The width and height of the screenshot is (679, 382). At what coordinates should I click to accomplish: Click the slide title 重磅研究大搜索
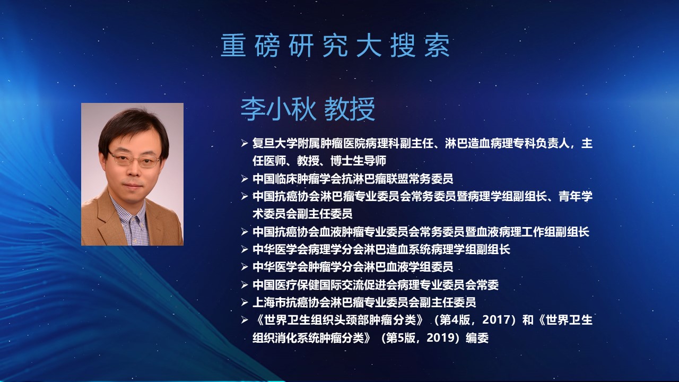335,46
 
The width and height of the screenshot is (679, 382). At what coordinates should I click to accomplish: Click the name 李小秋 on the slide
278,109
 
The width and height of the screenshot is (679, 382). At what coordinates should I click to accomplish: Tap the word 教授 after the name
350,109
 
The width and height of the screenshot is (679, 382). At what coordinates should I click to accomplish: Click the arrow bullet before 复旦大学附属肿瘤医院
245,143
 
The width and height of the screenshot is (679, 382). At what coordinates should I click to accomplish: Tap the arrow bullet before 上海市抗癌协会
245,302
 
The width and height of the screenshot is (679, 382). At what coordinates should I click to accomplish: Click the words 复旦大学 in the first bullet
275,143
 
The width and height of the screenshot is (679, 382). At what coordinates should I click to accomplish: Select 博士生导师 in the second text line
358,161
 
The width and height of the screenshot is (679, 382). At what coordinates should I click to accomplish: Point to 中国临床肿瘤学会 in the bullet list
297,179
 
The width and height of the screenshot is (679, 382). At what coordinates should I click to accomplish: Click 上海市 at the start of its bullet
269,302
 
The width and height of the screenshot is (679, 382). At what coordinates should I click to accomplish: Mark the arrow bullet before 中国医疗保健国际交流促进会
245,285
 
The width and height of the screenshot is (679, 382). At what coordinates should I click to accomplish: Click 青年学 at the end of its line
576,196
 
